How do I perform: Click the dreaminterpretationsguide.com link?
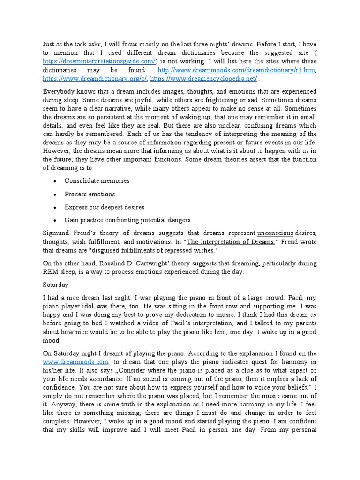(98, 62)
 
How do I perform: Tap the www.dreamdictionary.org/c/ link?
(95, 79)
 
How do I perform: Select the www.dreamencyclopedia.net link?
(204, 79)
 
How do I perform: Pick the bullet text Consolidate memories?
(97, 181)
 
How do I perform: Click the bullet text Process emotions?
(90, 194)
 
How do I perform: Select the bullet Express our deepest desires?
(104, 207)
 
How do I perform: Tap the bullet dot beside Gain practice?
(55, 220)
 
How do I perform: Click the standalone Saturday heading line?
(55, 285)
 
